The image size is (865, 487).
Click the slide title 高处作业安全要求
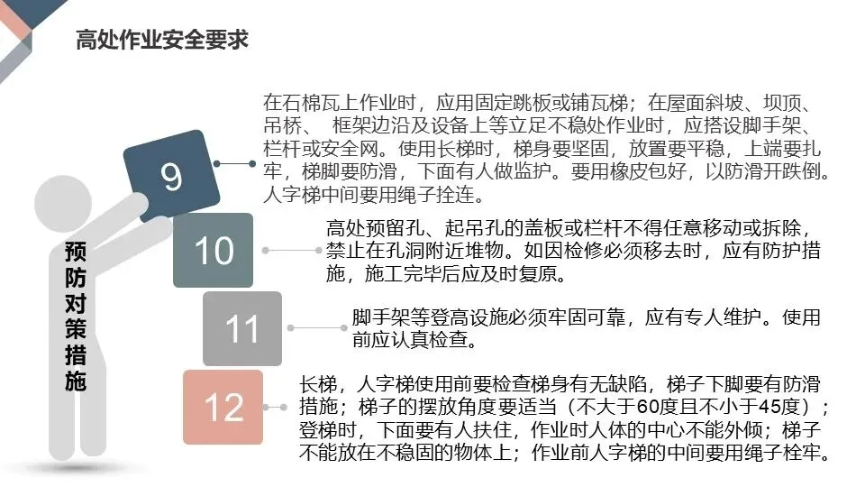coord(162,41)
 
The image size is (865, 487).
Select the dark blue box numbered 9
coord(174,175)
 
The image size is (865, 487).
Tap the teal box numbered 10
coord(214,251)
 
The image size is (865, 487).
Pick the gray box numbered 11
coord(241,328)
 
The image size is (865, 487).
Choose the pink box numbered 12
coord(223,407)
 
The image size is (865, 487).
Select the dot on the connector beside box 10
coord(265,249)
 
